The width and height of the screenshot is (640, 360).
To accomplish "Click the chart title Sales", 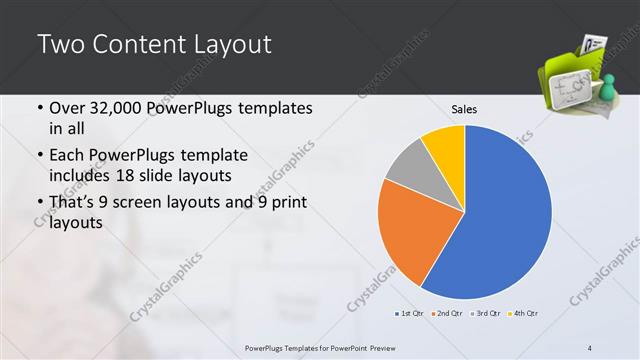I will [x=463, y=108].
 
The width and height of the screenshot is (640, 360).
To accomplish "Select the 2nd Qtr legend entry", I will [x=447, y=315].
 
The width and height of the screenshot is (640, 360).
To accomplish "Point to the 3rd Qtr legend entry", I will [x=484, y=315].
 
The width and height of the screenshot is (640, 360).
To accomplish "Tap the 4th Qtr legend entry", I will [x=520, y=315].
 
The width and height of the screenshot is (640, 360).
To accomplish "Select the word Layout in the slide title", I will [x=225, y=45].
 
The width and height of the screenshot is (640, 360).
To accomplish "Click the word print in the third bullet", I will [x=286, y=203].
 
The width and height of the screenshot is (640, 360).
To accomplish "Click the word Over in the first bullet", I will [x=67, y=107].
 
